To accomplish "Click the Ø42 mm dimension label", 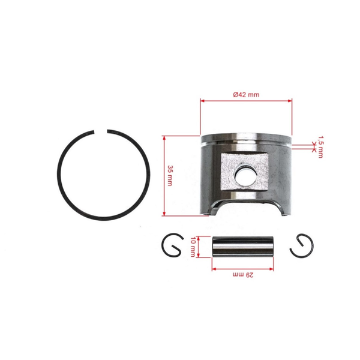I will [x=246, y=95].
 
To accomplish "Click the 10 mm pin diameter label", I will [x=193, y=247].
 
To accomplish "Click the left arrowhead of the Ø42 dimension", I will [x=202, y=101].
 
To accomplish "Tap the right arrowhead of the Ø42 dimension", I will [x=290, y=101].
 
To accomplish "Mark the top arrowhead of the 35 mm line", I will [x=164, y=137].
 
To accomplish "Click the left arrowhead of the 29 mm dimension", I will [x=213, y=268].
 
